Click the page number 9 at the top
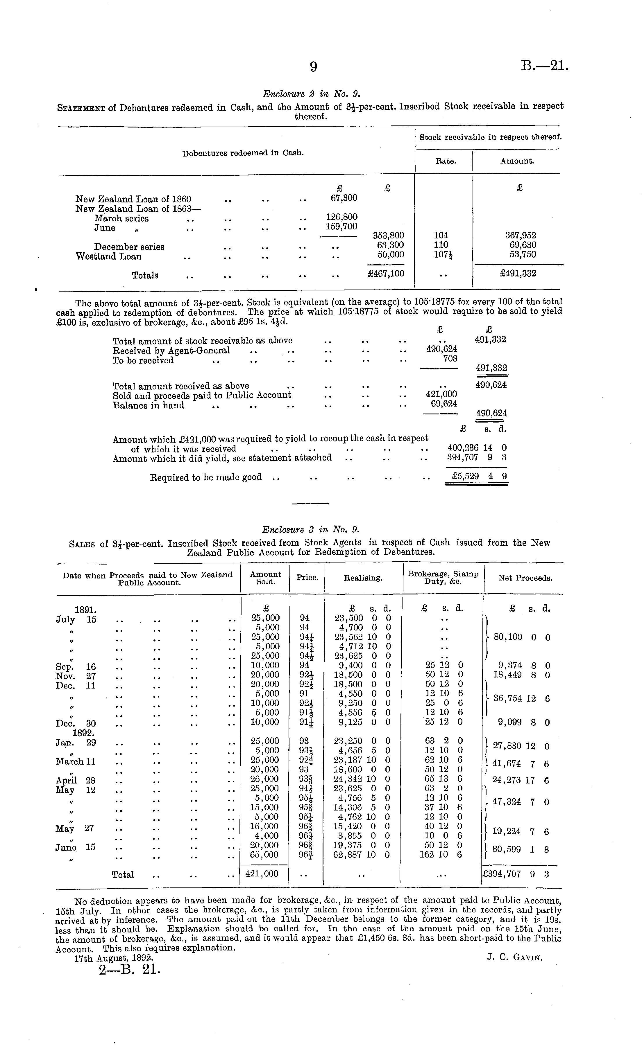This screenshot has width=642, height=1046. click(x=313, y=67)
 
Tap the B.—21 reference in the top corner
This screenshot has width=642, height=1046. click(x=544, y=66)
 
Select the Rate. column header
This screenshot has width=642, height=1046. click(x=446, y=161)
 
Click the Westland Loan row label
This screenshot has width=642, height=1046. click(x=108, y=256)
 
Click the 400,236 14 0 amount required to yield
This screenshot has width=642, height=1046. click(x=477, y=447)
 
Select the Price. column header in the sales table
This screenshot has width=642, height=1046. click(x=307, y=578)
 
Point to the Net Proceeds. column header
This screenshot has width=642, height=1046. click(x=525, y=578)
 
